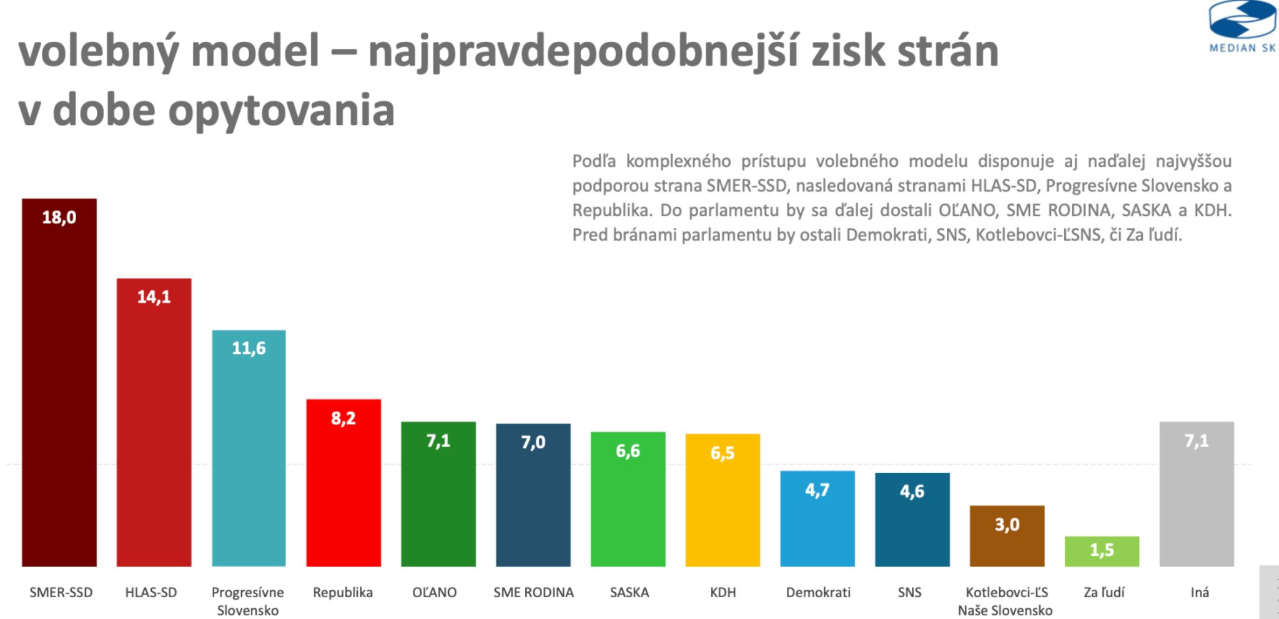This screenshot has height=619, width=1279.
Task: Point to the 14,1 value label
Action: point(154,297)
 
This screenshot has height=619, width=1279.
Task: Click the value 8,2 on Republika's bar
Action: point(343,418)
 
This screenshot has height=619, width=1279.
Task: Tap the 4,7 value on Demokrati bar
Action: point(817,490)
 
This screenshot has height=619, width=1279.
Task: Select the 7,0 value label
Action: point(533,442)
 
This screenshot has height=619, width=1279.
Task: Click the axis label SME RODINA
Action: point(533,592)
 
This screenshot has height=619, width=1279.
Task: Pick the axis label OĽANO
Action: point(435,592)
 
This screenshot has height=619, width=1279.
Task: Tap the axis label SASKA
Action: point(629,592)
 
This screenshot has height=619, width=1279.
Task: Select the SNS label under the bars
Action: point(909,592)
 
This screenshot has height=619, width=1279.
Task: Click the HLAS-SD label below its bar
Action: point(151,592)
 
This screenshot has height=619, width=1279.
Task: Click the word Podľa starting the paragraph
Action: point(593,161)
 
